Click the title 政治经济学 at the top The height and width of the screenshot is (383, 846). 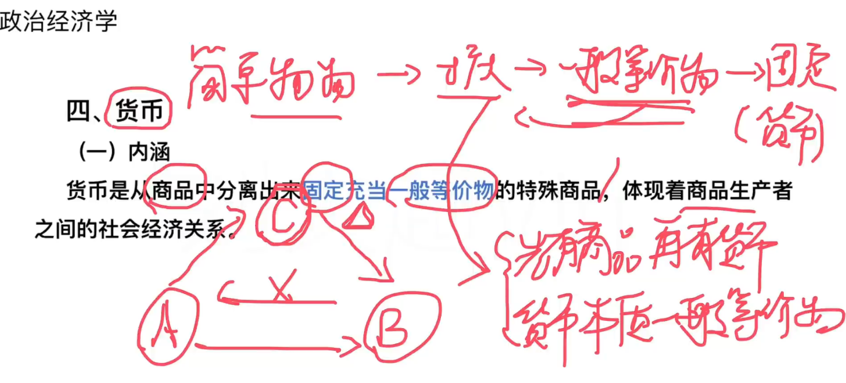[x=58, y=21]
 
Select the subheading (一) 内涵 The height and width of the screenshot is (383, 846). [x=124, y=151]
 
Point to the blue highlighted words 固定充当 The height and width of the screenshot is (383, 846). [x=345, y=191]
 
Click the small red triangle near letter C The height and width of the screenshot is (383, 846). [x=360, y=218]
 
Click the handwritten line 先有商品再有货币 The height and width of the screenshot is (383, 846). [x=641, y=252]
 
